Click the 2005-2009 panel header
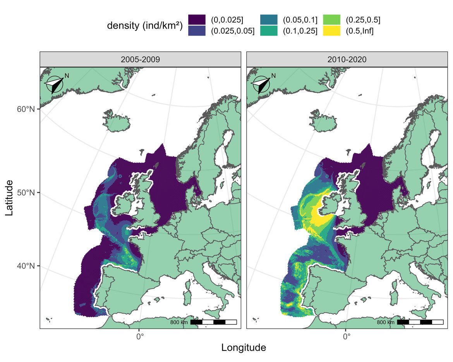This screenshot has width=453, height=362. click(140, 60)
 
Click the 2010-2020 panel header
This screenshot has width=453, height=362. click(347, 60)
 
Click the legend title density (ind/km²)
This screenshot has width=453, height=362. click(145, 26)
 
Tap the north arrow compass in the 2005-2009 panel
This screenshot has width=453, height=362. click(55, 85)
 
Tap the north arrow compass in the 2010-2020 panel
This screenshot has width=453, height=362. click(261, 85)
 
